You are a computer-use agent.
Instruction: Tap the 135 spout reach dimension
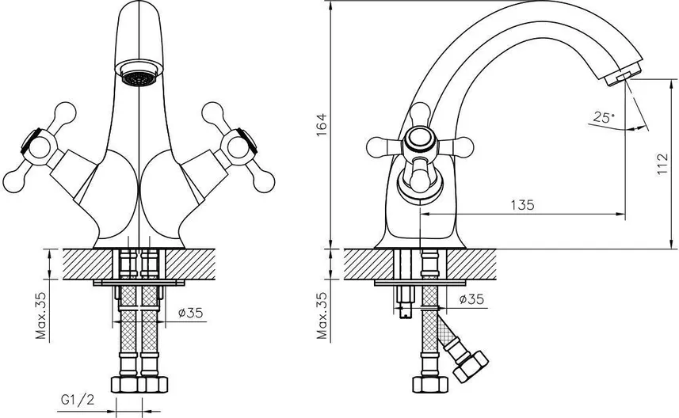pos(521,204)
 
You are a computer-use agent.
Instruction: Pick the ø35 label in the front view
pos(192,312)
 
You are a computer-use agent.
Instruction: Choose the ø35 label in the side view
pos(472,299)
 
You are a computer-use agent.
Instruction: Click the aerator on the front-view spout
pos(138,78)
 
